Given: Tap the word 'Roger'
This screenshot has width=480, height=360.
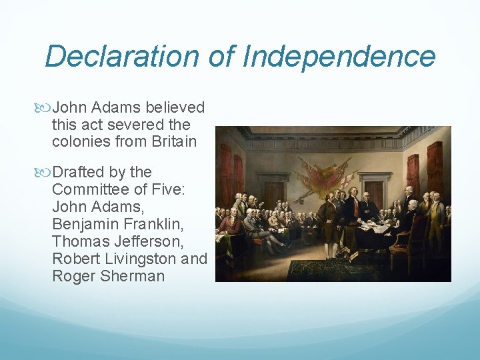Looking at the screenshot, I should pyautogui.click(x=73, y=275).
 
